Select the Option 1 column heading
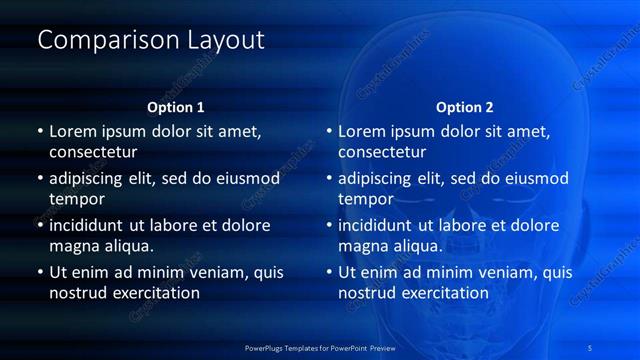click(175, 107)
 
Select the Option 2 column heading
click(464, 107)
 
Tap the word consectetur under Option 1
click(93, 152)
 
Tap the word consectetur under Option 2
click(382, 152)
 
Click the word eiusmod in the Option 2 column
click(530, 179)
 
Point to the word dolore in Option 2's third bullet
click(535, 226)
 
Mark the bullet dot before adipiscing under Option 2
click(329, 179)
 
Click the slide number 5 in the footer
click(590, 347)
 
